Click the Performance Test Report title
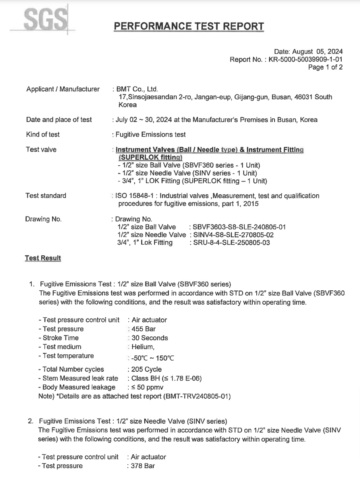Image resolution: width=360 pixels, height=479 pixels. click(x=189, y=26)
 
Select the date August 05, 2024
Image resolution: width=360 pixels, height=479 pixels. click(x=317, y=52)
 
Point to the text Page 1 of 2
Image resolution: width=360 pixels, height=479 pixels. click(x=325, y=67)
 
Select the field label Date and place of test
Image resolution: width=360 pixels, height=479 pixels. click(x=59, y=120)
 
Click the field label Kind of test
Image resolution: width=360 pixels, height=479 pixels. click(x=43, y=135)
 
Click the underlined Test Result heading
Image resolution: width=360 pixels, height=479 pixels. click(x=43, y=258)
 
